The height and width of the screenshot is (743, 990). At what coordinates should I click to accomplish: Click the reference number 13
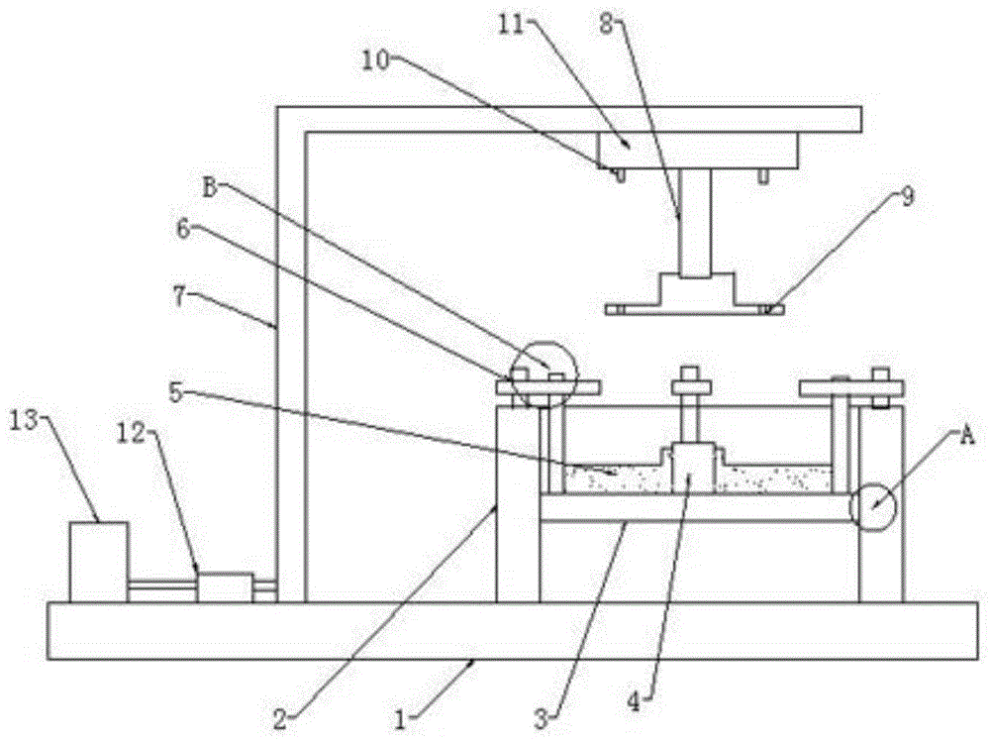tap(24, 421)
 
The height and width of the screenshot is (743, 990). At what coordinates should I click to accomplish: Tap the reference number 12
tap(132, 434)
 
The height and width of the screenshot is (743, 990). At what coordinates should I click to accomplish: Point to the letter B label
tap(210, 187)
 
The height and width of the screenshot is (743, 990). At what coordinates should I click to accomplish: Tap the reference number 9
tap(907, 197)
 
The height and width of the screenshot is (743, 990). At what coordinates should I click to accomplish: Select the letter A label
tap(967, 436)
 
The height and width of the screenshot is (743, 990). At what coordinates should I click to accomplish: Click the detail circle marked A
tap(873, 506)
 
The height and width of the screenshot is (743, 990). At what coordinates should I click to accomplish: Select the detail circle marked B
tap(544, 374)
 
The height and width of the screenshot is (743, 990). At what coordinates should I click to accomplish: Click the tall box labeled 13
tap(98, 562)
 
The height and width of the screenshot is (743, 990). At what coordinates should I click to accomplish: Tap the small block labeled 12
tap(225, 587)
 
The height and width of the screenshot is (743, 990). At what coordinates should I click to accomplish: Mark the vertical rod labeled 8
tap(695, 224)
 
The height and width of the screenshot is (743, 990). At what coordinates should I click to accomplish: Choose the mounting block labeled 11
tap(698, 151)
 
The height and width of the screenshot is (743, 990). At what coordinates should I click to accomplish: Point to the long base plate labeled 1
tap(513, 631)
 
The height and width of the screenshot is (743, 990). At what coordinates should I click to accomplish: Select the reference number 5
tap(176, 393)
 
